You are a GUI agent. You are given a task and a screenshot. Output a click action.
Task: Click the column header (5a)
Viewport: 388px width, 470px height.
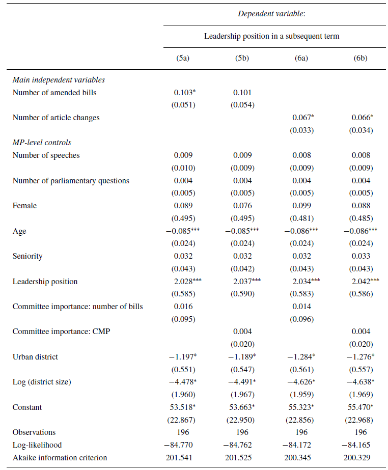click(x=183, y=58)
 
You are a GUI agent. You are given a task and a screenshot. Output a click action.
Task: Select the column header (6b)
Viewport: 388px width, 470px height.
click(x=361, y=58)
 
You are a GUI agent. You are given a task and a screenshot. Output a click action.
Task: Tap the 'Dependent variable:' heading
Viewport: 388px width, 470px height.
click(x=271, y=14)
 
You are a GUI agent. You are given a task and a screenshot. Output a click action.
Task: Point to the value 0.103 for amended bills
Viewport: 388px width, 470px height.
click(x=182, y=93)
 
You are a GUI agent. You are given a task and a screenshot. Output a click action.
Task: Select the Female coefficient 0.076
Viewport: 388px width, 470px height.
click(x=242, y=206)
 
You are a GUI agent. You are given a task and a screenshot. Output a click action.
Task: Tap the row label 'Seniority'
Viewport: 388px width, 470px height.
click(x=27, y=256)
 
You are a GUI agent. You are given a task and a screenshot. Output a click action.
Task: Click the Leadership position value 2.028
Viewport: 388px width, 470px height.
click(x=184, y=281)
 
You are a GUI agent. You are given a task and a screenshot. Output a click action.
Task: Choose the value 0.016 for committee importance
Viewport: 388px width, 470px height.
click(x=183, y=307)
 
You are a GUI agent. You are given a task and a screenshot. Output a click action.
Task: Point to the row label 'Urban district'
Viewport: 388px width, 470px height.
click(x=35, y=356)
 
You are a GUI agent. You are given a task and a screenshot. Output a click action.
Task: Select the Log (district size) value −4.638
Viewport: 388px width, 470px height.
click(x=359, y=382)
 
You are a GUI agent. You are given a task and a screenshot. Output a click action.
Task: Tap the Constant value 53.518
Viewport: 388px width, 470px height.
click(x=184, y=407)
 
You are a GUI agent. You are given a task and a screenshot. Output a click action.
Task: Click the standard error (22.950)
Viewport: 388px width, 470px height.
click(x=242, y=420)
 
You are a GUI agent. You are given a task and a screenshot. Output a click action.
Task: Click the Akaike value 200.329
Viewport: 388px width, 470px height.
click(x=361, y=457)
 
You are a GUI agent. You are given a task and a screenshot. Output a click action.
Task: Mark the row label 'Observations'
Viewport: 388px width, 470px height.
click(x=34, y=432)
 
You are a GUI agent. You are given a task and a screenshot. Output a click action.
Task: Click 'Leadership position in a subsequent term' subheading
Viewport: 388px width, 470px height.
click(x=271, y=36)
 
